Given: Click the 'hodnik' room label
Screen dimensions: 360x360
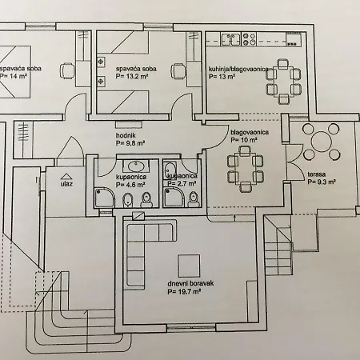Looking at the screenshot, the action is coord(126,135).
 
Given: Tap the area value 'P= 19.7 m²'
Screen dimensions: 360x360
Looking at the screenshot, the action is coord(184,292).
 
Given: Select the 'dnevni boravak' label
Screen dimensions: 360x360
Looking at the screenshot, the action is coord(190,283).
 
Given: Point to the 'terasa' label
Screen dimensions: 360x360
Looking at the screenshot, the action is coord(317,174).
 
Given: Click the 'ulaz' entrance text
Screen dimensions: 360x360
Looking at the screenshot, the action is coord(66,184).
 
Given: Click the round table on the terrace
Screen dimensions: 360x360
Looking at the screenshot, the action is coord(321,142).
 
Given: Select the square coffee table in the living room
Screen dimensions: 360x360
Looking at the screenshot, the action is coord(189,266).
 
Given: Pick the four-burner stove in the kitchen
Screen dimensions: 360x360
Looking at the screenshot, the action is coord(249,39).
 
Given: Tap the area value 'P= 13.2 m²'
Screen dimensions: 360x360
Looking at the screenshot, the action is coord(132,76).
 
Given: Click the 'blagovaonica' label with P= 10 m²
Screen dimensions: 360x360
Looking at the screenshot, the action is coord(250,132).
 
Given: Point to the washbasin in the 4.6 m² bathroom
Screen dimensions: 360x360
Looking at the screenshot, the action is coord(137,166).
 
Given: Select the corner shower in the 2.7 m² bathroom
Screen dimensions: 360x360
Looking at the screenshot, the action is coord(174,197).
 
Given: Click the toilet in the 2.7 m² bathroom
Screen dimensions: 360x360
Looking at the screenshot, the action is coord(193,199).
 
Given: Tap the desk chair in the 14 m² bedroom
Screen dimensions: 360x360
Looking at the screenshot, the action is coord(67,70).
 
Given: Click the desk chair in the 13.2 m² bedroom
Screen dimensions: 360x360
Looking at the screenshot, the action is coord(178,70).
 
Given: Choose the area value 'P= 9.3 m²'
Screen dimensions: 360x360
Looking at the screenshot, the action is coord(322,182).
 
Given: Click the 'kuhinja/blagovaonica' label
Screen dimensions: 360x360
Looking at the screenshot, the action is coord(238,69).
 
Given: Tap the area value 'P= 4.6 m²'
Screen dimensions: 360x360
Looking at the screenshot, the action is coord(130,185).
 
